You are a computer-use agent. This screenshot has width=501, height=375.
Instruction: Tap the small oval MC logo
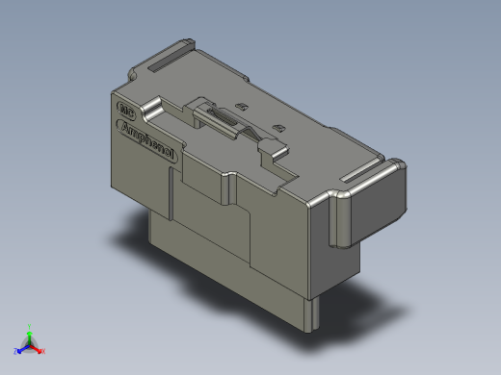click(122, 111)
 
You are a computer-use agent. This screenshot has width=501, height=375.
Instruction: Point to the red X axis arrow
click(37, 348)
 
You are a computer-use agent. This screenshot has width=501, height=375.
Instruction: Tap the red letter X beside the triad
click(42, 351)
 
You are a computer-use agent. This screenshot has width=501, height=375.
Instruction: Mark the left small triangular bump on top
click(243, 107)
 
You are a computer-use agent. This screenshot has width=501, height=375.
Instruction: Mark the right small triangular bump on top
click(277, 127)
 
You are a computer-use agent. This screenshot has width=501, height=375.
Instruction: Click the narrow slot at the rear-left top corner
click(160, 60)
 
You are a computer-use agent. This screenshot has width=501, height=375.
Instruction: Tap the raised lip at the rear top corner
click(183, 45)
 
